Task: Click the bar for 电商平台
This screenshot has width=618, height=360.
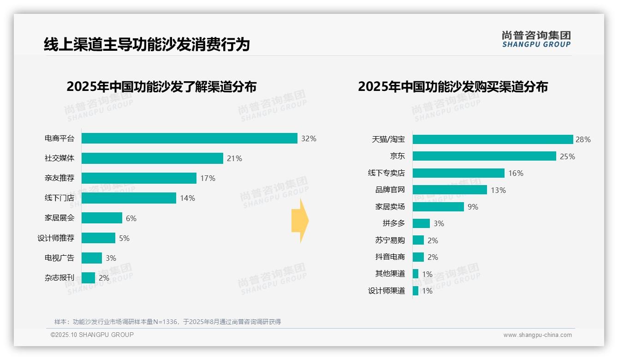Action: (189, 138)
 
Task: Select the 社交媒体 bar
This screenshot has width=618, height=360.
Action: (152, 158)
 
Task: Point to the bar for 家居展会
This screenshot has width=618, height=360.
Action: (102, 218)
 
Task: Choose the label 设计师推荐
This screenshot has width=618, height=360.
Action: (55, 238)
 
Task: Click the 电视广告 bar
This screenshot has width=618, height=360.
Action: (92, 258)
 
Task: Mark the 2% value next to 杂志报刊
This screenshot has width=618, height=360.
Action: (104, 278)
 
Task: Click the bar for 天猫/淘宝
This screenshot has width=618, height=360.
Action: (493, 139)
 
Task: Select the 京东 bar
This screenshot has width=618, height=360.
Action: (484, 156)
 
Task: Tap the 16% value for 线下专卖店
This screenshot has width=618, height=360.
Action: (516, 173)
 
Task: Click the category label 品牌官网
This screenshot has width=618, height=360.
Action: (390, 190)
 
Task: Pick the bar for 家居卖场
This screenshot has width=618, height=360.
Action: (438, 207)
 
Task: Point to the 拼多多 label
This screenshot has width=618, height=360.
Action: (393, 223)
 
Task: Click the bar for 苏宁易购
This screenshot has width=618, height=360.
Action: (418, 240)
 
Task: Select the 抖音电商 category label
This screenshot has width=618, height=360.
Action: (390, 257)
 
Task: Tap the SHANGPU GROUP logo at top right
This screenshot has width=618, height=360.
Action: (536, 39)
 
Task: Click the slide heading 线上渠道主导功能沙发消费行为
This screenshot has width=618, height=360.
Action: (147, 44)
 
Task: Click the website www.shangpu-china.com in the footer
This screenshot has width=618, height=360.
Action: (537, 335)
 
